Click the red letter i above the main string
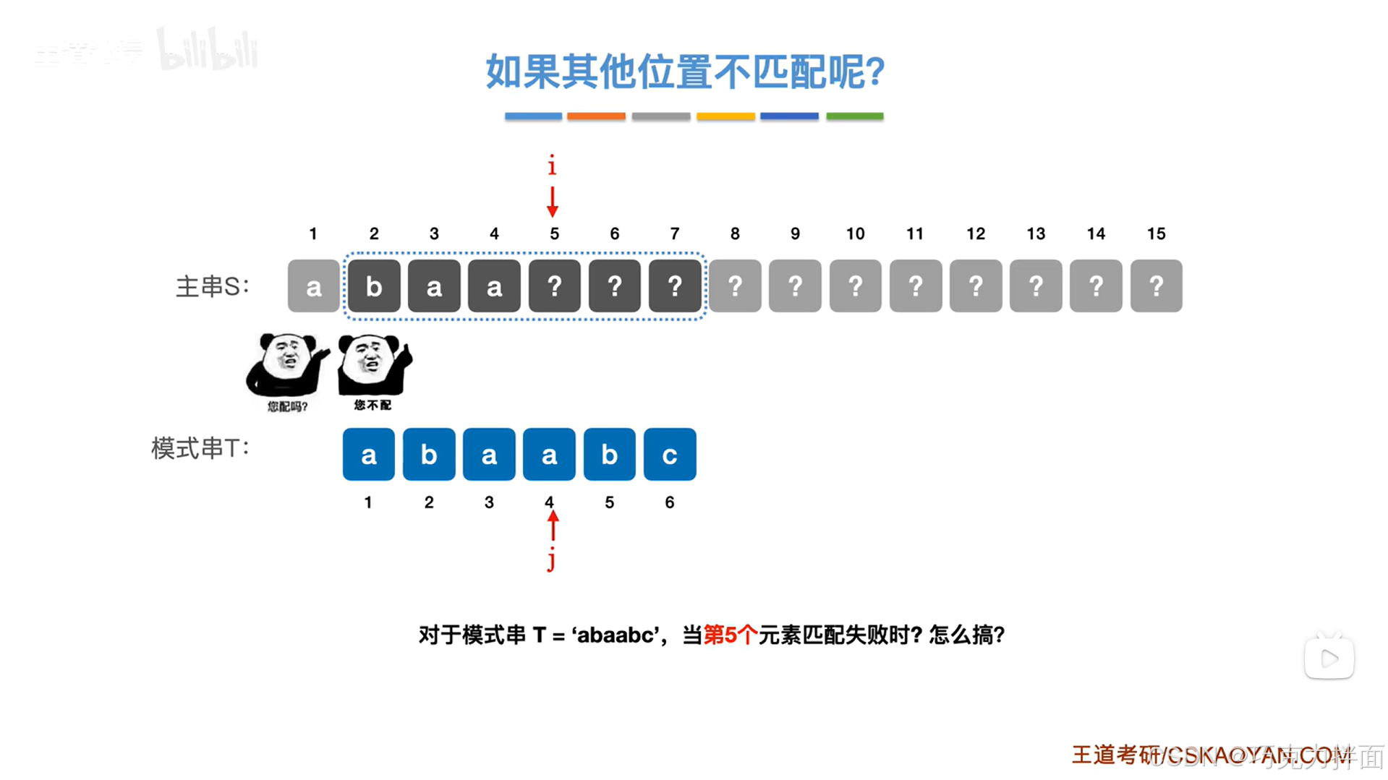pos(552,166)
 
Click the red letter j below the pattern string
pos(552,559)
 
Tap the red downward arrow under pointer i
pos(553,202)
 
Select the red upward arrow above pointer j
pos(553,526)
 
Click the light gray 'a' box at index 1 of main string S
pos(313,286)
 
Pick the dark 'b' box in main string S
pos(374,286)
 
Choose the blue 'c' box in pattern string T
pos(670,455)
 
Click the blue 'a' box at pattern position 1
pos(369,455)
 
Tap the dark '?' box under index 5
pos(554,286)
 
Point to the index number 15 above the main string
pos(1156,233)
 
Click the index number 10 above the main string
pos(855,233)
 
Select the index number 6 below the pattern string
pos(670,502)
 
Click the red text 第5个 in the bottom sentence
pos(730,635)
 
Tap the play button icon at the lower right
pos(1329,658)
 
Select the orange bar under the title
pos(596,116)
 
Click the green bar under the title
pos(854,116)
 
